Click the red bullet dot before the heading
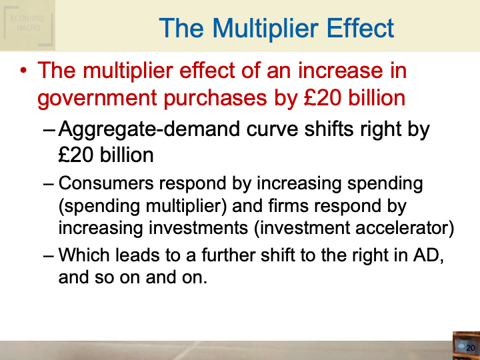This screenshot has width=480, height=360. [24, 71]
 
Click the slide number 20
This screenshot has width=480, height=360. [470, 348]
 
